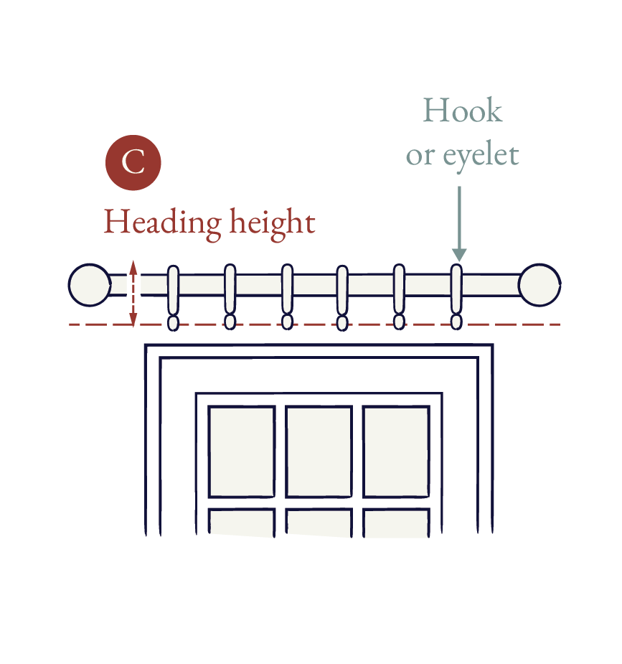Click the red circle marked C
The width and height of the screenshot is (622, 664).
click(x=133, y=163)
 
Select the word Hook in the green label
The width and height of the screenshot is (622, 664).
click(x=463, y=111)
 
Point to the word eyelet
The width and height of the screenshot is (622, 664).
click(x=481, y=156)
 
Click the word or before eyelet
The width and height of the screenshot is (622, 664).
click(x=420, y=157)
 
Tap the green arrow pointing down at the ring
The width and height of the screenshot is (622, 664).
click(x=459, y=224)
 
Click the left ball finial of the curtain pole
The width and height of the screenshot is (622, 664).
click(x=90, y=285)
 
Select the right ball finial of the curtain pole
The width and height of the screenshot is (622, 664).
click(x=539, y=285)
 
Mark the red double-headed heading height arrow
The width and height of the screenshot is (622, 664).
click(x=133, y=293)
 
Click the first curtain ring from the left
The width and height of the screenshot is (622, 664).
click(x=173, y=291)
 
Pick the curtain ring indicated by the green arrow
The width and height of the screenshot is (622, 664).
click(x=456, y=290)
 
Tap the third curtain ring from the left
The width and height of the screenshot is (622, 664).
click(x=287, y=290)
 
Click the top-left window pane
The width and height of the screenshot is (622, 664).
click(x=242, y=452)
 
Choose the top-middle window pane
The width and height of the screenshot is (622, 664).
click(x=319, y=452)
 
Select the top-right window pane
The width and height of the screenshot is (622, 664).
click(x=397, y=452)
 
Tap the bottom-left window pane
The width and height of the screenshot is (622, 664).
click(x=242, y=523)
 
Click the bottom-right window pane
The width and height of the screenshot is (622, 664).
click(x=397, y=523)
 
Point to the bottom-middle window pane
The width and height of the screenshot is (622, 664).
click(x=319, y=523)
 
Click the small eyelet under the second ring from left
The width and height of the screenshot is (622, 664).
click(x=230, y=322)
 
